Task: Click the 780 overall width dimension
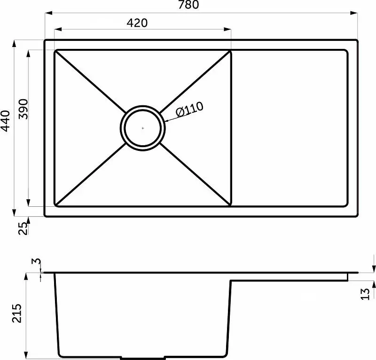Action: click(188, 5)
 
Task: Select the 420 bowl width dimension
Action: click(137, 23)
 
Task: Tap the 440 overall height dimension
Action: click(5, 121)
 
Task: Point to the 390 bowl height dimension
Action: click(23, 109)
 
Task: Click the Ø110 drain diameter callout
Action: click(190, 109)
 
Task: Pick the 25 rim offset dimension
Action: click(23, 228)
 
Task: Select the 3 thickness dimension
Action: click(36, 261)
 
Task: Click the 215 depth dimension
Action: click(16, 313)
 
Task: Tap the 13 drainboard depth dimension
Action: click(365, 294)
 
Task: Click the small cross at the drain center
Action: click(143, 128)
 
